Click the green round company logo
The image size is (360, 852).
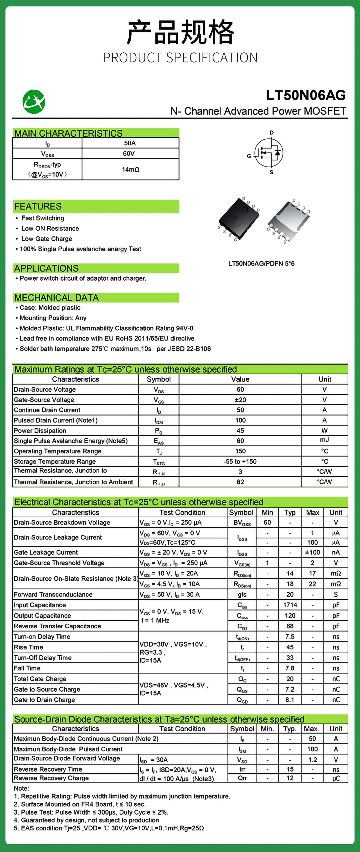[34, 102]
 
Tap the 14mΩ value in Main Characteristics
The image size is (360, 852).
[130, 169]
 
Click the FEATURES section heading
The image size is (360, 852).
[38, 206]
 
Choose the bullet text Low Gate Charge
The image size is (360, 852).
[47, 239]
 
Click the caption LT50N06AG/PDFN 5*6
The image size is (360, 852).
[261, 264]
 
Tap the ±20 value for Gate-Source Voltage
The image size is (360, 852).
[240, 400]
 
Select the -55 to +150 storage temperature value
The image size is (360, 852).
[240, 461]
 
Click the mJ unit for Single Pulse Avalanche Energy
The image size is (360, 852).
[324, 440]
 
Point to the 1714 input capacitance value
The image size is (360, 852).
[290, 605]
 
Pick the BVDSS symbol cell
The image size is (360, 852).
[242, 523]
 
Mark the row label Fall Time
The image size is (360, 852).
[27, 668]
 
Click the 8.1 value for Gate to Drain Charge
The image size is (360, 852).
[290, 700]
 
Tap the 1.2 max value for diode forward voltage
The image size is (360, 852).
[312, 760]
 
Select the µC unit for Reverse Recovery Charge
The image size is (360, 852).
[336, 778]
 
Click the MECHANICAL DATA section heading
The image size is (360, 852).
[56, 298]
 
